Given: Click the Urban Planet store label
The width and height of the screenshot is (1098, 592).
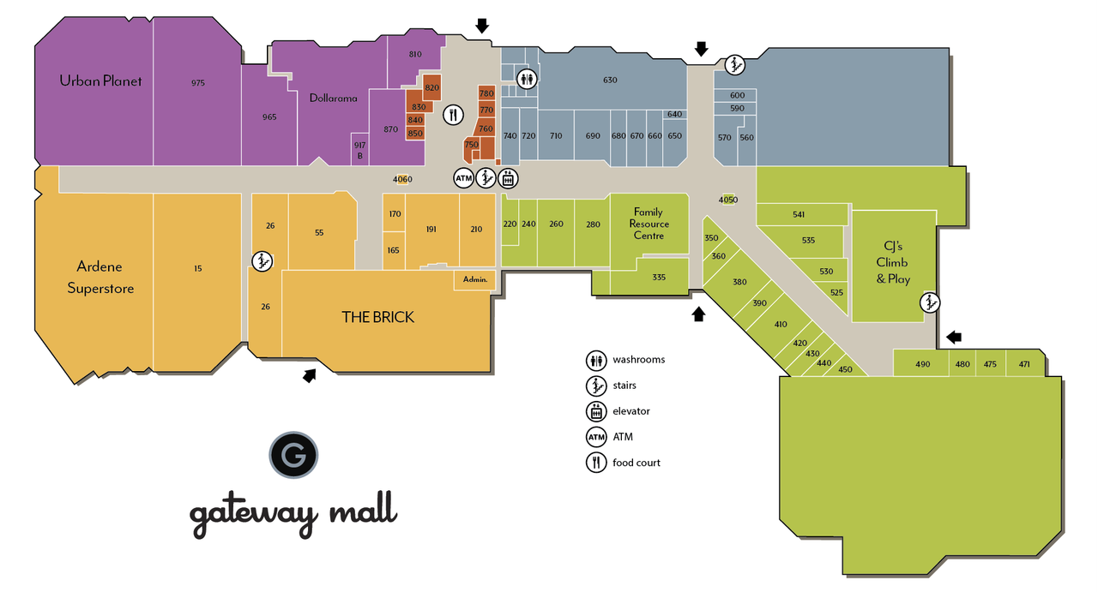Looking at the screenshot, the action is pyautogui.click(x=100, y=81).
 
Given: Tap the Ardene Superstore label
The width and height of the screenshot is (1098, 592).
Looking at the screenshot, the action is pyautogui.click(x=100, y=278).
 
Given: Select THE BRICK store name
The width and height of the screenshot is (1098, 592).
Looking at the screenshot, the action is pyautogui.click(x=377, y=317).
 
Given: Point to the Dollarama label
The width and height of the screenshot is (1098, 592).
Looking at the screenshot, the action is pyautogui.click(x=333, y=99).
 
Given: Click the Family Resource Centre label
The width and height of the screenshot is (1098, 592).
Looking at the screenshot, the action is pyautogui.click(x=649, y=224).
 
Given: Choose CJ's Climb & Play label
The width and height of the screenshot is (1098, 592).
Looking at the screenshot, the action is pyautogui.click(x=893, y=263).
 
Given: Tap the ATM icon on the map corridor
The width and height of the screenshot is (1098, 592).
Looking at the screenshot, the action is pyautogui.click(x=463, y=178).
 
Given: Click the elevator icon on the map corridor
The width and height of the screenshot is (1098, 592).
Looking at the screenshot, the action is pyautogui.click(x=507, y=178).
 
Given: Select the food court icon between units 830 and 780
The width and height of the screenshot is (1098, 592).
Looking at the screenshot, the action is pyautogui.click(x=454, y=114).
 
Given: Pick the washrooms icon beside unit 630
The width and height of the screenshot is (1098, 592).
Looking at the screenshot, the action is pyautogui.click(x=528, y=80).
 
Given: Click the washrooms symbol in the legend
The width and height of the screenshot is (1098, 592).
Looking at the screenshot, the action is pyautogui.click(x=595, y=360).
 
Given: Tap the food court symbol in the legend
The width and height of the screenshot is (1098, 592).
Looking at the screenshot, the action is pyautogui.click(x=595, y=463).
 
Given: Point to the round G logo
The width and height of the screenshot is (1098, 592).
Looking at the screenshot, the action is pyautogui.click(x=293, y=455).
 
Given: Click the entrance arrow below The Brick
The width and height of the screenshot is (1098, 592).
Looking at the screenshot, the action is pyautogui.click(x=309, y=374).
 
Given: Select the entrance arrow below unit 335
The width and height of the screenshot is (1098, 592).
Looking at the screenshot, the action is pyautogui.click(x=698, y=314).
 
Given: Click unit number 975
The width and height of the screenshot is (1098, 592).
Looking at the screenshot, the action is pyautogui.click(x=198, y=83).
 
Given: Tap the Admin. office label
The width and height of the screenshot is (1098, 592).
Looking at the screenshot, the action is pyautogui.click(x=474, y=280).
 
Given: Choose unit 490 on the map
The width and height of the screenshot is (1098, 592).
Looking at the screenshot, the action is pyautogui.click(x=922, y=364).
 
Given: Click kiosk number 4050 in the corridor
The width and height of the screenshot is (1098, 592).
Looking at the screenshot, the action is pyautogui.click(x=728, y=200).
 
